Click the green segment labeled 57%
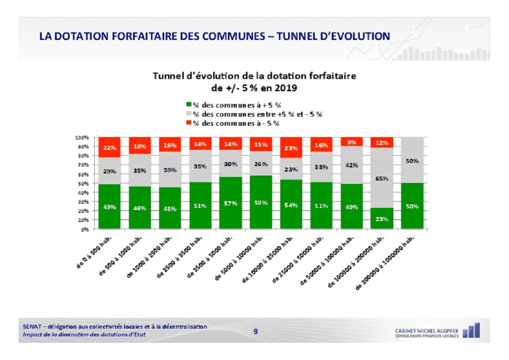pos(230,203)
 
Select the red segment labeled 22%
pos(109,148)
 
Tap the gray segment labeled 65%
pos(382,178)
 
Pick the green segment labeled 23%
pos(382,219)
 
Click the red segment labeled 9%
pos(352,142)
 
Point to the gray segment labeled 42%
pos(352,165)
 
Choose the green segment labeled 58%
pos(261,202)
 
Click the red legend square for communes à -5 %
pos(189,123)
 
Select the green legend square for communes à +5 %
pos(189,105)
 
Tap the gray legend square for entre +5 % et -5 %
pos(189,114)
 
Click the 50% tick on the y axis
pos(83,183)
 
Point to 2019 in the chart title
pos(284,87)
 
